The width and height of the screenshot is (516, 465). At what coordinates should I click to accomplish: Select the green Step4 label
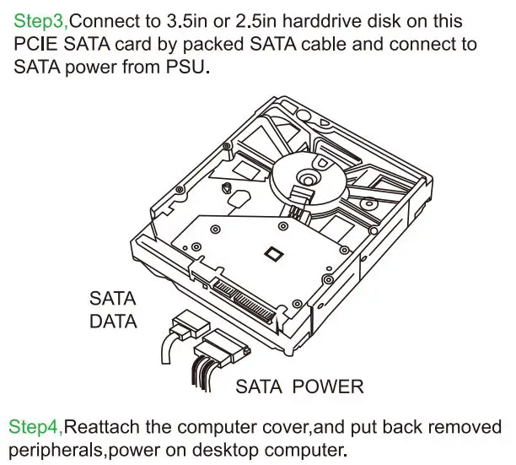[x=35, y=425]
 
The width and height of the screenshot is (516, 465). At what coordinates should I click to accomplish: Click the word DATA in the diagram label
[x=112, y=321]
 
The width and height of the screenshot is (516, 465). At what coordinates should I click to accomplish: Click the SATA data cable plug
[x=191, y=323]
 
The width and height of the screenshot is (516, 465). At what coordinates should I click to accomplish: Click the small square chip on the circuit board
[x=272, y=251]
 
